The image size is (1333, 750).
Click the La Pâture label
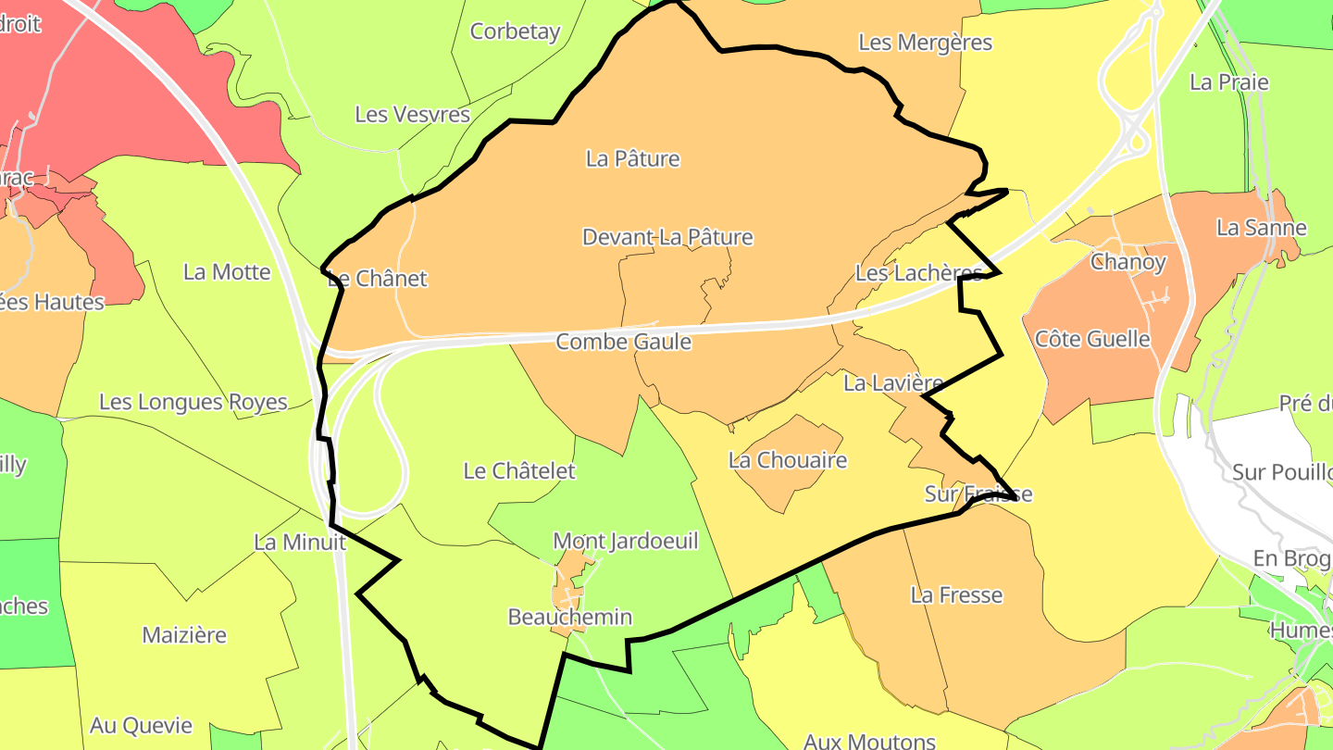click(633, 158)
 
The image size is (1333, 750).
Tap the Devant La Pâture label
click(667, 237)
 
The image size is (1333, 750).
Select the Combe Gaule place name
click(623, 342)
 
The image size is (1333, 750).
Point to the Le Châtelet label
click(519, 470)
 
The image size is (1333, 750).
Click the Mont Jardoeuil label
click(626, 541)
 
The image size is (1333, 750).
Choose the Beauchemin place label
click(570, 617)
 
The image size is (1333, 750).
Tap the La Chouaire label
click(788, 460)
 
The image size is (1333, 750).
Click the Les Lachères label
click(918, 273)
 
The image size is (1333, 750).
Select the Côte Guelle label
click(1092, 339)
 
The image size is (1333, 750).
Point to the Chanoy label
click(1127, 262)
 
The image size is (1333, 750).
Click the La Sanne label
click(1261, 228)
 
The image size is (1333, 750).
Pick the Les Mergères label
click(925, 43)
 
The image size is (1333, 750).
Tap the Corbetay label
click(516, 31)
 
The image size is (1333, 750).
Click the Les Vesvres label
click(413, 115)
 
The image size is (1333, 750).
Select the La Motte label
click(227, 272)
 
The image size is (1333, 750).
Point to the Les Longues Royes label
click(193, 403)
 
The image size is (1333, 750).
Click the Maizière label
click(184, 635)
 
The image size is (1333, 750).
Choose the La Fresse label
click(956, 594)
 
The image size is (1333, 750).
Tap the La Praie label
click(1228, 82)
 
